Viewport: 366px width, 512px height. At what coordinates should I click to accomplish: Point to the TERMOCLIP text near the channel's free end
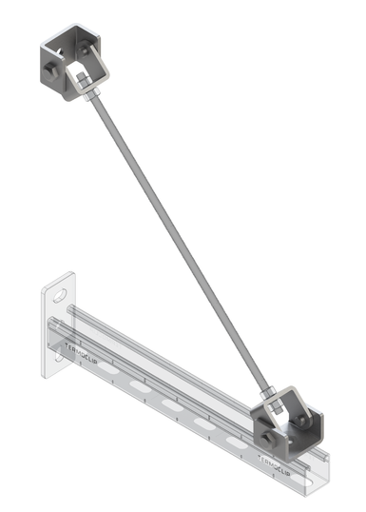pyautogui.click(x=273, y=465)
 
